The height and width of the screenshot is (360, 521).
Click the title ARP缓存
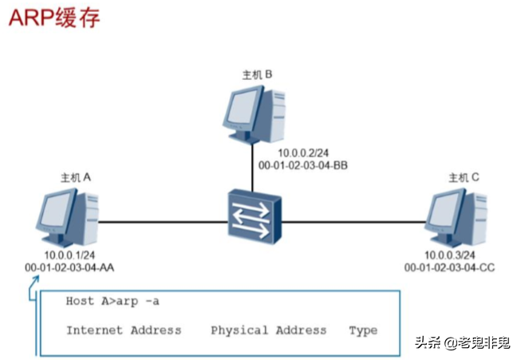point(54,18)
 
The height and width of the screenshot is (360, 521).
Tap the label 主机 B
point(258,74)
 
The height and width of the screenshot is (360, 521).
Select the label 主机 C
point(463,177)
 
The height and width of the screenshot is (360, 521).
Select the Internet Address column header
point(124,330)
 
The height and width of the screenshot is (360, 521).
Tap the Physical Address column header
point(268,330)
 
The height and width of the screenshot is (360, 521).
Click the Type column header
point(363,330)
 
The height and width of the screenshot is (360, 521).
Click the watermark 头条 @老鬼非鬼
point(464,342)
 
